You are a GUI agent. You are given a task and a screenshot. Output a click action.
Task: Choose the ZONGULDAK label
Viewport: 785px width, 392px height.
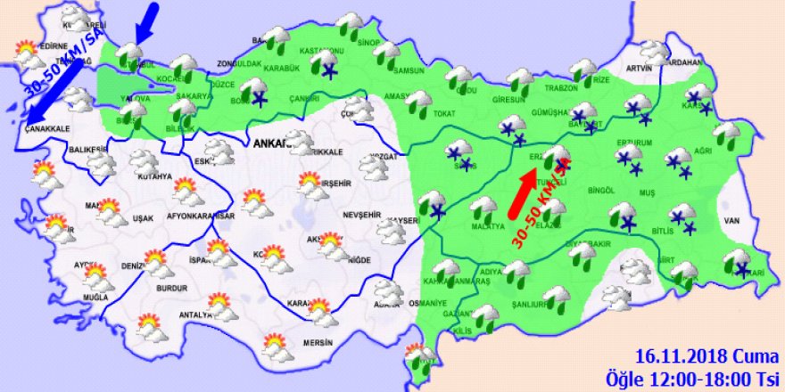pyautogui.click(x=239, y=65)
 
